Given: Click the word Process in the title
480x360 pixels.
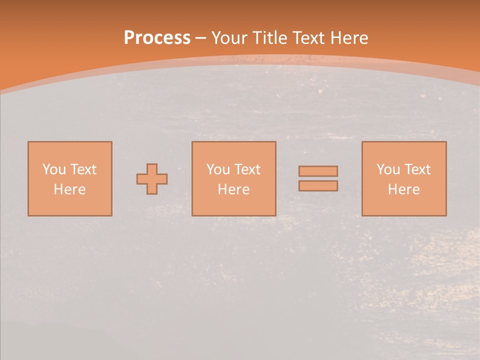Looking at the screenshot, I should pos(157,38).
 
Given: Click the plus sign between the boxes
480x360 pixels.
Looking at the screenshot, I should pos(152,179).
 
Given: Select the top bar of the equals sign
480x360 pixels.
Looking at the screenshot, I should pos(318,171).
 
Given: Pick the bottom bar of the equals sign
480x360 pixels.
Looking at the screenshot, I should pos(318,186).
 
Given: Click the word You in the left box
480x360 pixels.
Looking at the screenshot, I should pos(54,169).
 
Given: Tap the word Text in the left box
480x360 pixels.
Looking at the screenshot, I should pos(83,169).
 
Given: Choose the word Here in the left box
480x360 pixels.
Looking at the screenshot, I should pos(69,189).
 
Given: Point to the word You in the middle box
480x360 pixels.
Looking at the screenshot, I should pos(218,169).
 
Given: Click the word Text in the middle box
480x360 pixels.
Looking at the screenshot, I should pos(247,169).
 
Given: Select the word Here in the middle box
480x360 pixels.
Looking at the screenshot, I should pos(233,189).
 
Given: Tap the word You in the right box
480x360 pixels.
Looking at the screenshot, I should pos(388,169).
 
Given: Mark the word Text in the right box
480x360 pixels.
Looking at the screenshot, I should pos(417,169).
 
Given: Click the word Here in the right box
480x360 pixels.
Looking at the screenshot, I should pos(403,189).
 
